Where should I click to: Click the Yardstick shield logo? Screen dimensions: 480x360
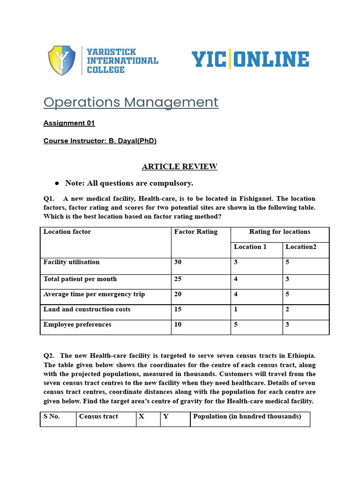[x=61, y=60]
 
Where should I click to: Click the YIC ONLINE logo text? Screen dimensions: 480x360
[x=250, y=60]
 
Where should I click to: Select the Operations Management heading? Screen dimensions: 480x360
[x=131, y=102]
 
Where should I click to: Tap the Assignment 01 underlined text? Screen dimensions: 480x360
[x=69, y=123]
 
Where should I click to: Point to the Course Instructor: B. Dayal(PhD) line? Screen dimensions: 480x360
[x=100, y=141]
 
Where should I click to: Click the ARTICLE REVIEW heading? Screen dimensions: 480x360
[x=180, y=166]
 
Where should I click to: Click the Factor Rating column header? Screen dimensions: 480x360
[x=195, y=232]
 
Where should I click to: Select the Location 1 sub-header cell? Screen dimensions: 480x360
[x=250, y=247]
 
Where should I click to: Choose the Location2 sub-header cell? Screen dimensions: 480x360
[x=301, y=247]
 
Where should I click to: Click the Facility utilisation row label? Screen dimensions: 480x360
[x=71, y=262]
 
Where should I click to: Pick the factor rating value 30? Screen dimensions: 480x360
[x=178, y=262]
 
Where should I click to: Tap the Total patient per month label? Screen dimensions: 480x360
[x=80, y=279]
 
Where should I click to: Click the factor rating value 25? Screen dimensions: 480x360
[x=178, y=279]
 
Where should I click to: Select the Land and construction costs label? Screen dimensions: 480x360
[x=87, y=309]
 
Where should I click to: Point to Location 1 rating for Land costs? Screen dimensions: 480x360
[x=236, y=309]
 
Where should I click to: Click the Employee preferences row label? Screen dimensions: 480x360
[x=77, y=324]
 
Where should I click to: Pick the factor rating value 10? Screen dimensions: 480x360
[x=178, y=324]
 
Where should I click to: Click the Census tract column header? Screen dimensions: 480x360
[x=98, y=416]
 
